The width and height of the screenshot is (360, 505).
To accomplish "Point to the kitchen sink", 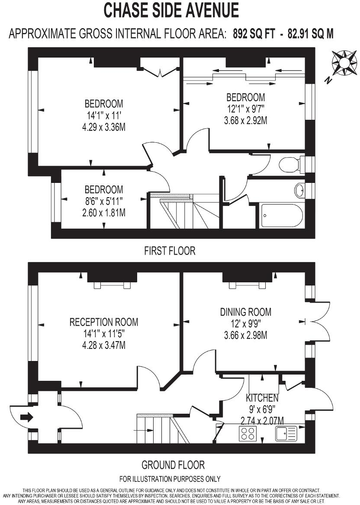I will tap(286, 433).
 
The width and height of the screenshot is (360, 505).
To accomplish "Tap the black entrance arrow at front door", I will tap(26, 417).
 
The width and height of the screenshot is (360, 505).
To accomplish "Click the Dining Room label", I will tap(246, 312).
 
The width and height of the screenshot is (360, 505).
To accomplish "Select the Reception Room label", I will tap(104, 322).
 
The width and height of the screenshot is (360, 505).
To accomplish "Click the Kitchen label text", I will tap(262, 398).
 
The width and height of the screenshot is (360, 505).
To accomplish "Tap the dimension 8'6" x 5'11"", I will tap(104, 201).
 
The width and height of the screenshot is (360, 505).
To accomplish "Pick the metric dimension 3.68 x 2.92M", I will tap(245, 121).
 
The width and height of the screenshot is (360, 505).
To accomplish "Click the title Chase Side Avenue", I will tap(171, 10).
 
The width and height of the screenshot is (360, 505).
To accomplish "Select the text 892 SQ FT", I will tap(254, 34).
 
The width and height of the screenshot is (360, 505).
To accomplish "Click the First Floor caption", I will tap(170, 251).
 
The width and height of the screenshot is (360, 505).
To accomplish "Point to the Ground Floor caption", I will tap(173, 465).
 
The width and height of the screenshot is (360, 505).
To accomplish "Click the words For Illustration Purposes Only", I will tap(170, 479).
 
